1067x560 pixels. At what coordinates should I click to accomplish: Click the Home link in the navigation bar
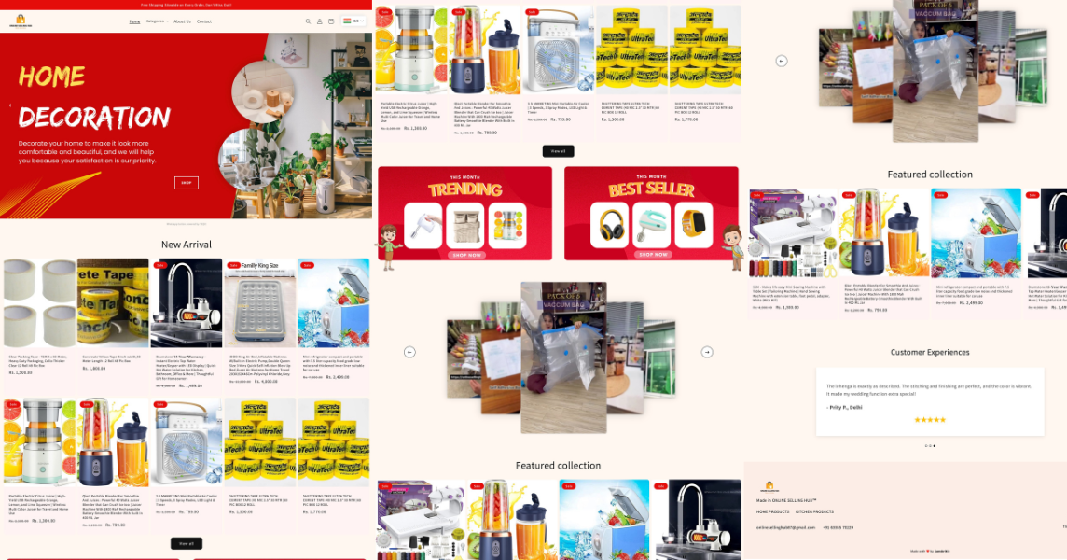point(135,21)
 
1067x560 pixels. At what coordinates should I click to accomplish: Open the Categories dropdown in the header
point(155,21)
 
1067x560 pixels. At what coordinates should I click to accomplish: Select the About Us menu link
point(182,21)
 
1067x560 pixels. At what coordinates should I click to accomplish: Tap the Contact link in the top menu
point(204,21)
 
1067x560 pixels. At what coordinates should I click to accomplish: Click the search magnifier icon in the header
point(308,21)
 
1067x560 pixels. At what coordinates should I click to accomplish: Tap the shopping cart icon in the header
point(331,21)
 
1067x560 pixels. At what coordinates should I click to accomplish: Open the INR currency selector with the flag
point(352,21)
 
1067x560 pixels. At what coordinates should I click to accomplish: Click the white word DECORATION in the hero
point(94,117)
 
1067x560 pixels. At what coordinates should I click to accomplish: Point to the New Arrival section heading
point(187,245)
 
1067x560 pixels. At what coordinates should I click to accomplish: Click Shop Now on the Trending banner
point(466,255)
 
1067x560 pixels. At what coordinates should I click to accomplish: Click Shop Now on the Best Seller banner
point(651,255)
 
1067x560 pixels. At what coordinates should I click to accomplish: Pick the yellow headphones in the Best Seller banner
point(612,224)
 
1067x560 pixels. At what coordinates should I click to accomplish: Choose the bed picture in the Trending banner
point(465,225)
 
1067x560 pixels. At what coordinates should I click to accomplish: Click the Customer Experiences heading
point(930,352)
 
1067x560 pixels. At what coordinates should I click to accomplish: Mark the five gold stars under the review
point(930,420)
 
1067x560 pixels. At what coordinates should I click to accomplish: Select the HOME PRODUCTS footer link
point(772,511)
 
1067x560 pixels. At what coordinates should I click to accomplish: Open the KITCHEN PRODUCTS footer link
point(814,511)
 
